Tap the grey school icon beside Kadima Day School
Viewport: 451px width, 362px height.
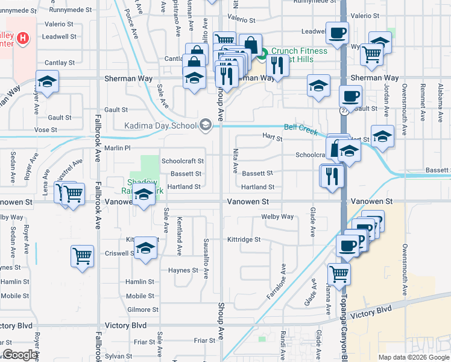pos(205,125)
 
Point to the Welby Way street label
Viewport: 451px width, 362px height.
pos(277,217)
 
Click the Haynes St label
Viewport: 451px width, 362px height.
pos(183,270)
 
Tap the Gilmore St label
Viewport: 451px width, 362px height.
pos(143,310)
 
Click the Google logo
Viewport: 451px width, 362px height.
pos(20,354)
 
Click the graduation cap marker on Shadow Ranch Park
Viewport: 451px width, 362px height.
pos(143,197)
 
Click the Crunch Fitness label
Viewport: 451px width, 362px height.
pos(298,51)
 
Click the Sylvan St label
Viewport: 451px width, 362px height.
pos(118,357)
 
